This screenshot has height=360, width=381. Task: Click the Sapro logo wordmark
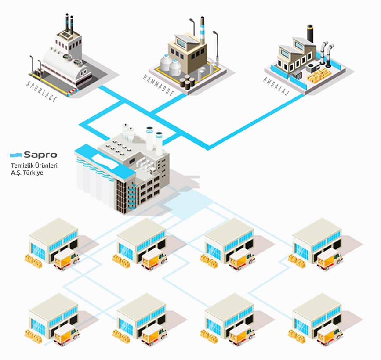tap(40, 155)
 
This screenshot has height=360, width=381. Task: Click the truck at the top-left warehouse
tap(66, 259)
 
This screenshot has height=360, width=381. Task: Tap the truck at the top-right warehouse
tap(330, 259)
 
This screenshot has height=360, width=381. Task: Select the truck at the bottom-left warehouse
tap(66, 334)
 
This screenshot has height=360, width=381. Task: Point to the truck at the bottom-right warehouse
tap(330, 334)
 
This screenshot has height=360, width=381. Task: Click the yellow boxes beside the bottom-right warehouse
tap(297, 334)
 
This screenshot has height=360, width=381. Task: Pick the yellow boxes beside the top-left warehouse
tap(33, 260)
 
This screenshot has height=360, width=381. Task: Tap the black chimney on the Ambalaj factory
tap(311, 33)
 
